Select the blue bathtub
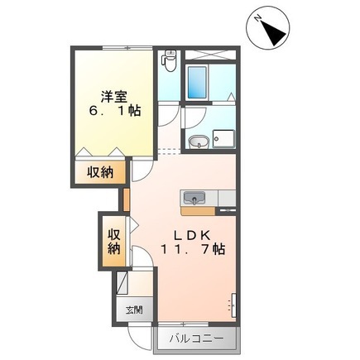(199, 83)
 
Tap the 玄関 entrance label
(132, 311)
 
